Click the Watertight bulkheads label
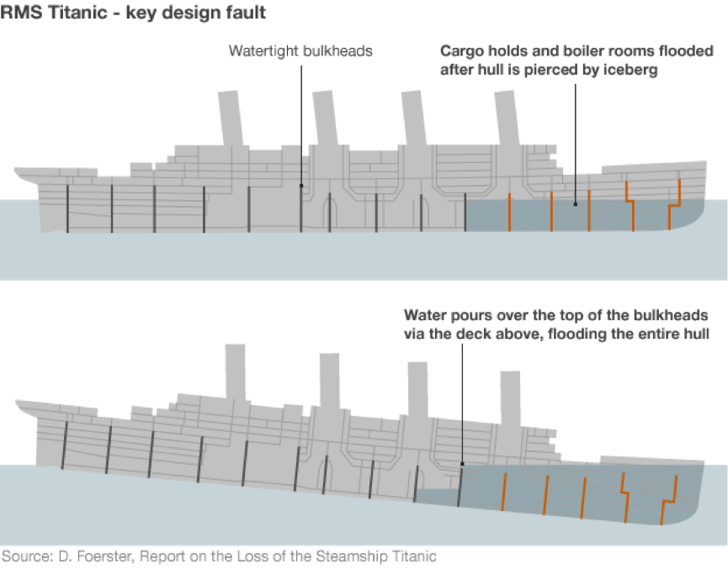coord(300,51)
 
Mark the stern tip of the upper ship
coord(17,171)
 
